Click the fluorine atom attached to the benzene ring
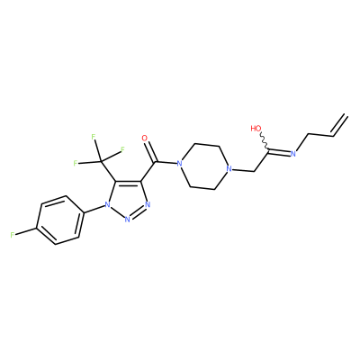[x=13, y=235]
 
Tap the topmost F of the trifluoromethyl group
[x=94, y=137]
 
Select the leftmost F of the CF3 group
[x=76, y=163]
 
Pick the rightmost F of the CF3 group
[x=122, y=149]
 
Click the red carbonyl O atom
[x=145, y=139]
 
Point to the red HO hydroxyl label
[x=256, y=129]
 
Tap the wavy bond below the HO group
[x=265, y=140]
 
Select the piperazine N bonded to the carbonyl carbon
[x=179, y=164]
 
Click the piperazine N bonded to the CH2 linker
[x=229, y=169]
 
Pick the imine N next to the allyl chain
[x=293, y=154]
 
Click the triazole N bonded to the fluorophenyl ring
[x=106, y=205]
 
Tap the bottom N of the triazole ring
[x=127, y=220]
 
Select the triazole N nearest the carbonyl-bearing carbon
[x=148, y=205]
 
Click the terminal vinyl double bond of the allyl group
[x=340, y=125]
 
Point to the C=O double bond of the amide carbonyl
[x=150, y=151]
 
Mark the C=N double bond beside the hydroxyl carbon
[x=280, y=151]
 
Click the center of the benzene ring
[x=59, y=220]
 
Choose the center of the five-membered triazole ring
[x=128, y=199]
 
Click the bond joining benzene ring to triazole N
[x=94, y=210]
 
